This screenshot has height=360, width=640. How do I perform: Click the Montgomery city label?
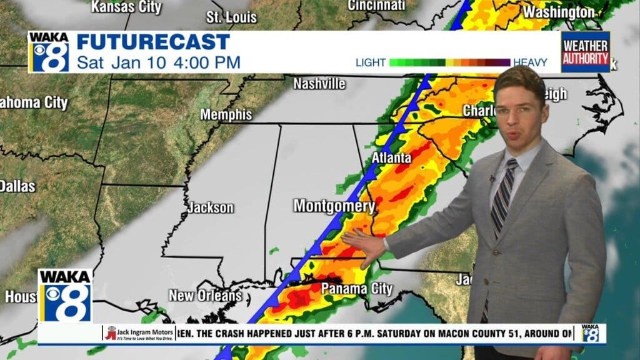pyautogui.click(x=334, y=206)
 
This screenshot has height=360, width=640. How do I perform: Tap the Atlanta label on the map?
pyautogui.click(x=391, y=157)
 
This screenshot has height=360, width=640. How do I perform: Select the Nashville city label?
pyautogui.click(x=319, y=83)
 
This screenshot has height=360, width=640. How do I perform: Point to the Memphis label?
pyautogui.click(x=226, y=115)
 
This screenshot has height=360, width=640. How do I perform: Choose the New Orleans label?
pyautogui.click(x=205, y=295)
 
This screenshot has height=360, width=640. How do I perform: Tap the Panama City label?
pyautogui.click(x=356, y=289)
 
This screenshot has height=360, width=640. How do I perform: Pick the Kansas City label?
pyautogui.click(x=126, y=7)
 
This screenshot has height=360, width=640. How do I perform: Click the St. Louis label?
pyautogui.click(x=231, y=17)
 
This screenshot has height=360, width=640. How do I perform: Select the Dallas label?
pyautogui.click(x=17, y=186)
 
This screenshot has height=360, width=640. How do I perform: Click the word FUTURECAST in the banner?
pyautogui.click(x=153, y=42)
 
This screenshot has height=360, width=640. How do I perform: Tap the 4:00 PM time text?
pyautogui.click(x=210, y=62)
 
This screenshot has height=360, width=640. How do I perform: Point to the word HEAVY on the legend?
pyautogui.click(x=530, y=62)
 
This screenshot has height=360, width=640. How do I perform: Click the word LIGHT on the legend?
pyautogui.click(x=371, y=62)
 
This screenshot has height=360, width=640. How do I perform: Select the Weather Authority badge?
pyautogui.click(x=585, y=52)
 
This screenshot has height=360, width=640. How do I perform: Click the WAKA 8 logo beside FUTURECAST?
pyautogui.click(x=49, y=52)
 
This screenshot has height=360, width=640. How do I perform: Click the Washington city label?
pyautogui.click(x=559, y=12)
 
